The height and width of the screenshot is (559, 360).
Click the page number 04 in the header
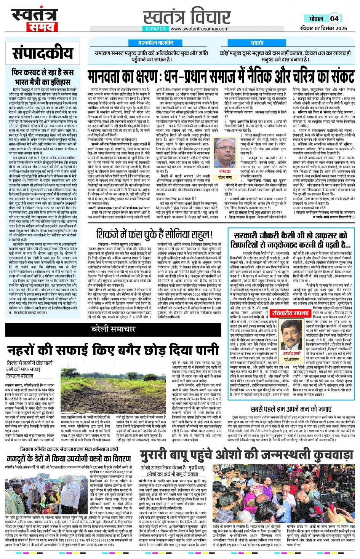click(334, 19)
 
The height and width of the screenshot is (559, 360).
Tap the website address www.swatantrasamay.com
click(199, 29)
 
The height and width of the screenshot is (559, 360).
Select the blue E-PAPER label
click(155, 29)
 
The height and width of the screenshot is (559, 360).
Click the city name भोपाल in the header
click(316, 19)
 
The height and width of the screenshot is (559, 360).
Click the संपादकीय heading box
click(43, 54)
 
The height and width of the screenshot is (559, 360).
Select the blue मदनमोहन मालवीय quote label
click(155, 43)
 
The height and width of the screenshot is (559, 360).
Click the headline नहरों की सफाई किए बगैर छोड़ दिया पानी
click(113, 349)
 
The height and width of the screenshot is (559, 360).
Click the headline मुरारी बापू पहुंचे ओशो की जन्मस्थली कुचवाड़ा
click(246, 456)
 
